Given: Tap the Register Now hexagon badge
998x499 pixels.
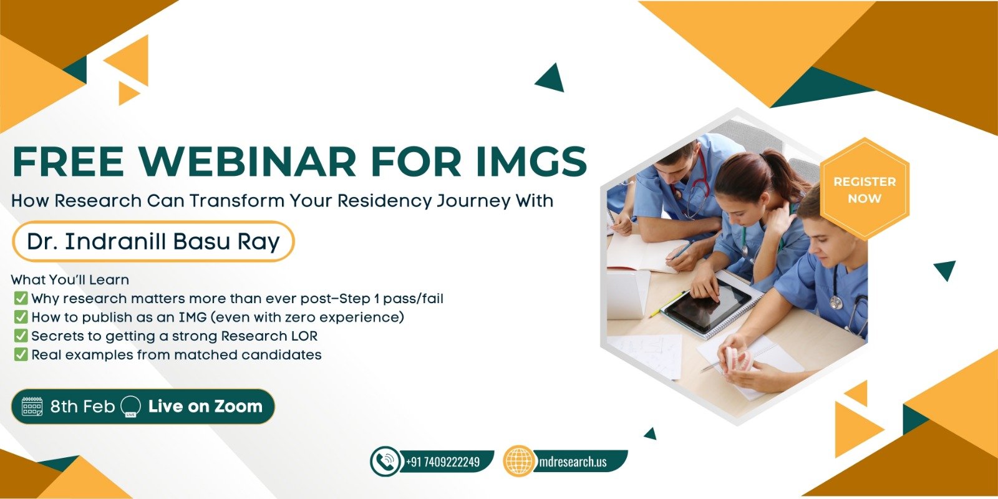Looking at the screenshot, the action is click(x=865, y=190).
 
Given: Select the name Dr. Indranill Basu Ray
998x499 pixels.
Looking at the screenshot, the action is click(x=153, y=241).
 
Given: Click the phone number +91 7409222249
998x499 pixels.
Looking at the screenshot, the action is click(x=443, y=462).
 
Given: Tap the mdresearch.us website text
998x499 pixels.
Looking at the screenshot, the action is click(x=573, y=462).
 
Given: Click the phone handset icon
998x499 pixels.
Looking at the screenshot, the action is click(x=384, y=462).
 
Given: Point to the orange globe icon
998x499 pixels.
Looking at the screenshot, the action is click(x=518, y=461).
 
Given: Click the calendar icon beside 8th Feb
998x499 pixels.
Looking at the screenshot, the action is click(x=32, y=406).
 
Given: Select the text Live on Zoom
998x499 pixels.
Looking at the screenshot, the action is click(x=205, y=406).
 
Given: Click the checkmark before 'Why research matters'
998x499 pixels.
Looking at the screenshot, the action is click(x=21, y=298).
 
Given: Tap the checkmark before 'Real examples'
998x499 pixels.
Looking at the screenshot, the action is click(x=21, y=355).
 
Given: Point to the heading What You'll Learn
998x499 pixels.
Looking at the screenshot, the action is click(x=70, y=280).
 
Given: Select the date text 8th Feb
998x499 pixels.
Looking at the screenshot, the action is click(x=82, y=406).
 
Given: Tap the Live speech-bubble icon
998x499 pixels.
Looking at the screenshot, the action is click(x=131, y=406).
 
